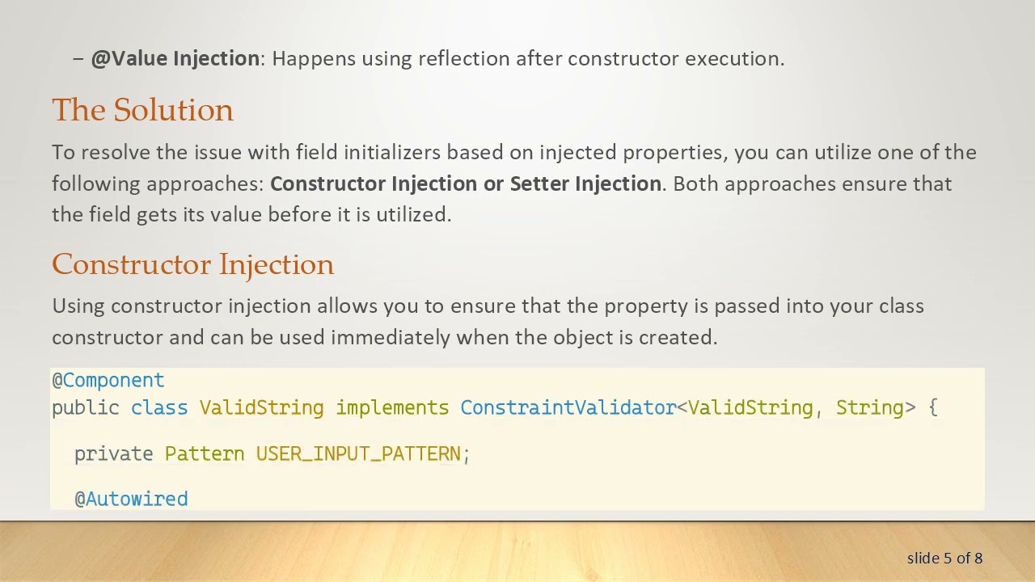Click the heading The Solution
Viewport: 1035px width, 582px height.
tap(142, 110)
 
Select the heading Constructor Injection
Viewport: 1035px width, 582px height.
tap(192, 264)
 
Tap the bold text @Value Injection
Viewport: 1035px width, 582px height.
tap(175, 58)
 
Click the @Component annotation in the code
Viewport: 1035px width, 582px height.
tap(108, 380)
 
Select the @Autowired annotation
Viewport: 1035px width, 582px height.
tap(131, 499)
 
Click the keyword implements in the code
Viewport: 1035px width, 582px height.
tap(392, 407)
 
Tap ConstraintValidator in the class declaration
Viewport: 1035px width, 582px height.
tap(568, 407)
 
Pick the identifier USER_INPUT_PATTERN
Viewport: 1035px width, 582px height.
tap(358, 453)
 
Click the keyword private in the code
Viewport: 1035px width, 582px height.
tap(114, 453)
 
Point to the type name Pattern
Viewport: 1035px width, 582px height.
tap(205, 453)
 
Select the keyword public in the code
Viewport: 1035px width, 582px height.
tap(86, 407)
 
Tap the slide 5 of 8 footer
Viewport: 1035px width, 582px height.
tap(944, 558)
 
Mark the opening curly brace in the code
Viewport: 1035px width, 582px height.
tap(933, 407)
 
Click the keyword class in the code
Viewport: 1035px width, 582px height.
tap(159, 407)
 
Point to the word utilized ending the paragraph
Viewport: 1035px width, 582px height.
tap(412, 214)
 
